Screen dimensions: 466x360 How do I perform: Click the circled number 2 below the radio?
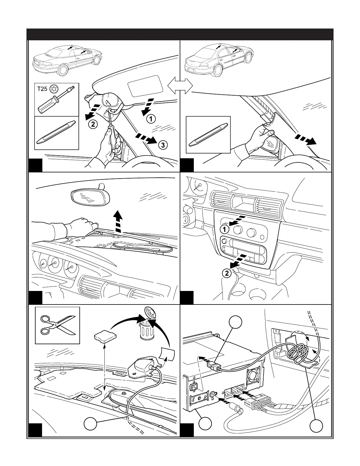[x=227, y=273]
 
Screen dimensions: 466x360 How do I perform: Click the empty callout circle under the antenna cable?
[x=91, y=425]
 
